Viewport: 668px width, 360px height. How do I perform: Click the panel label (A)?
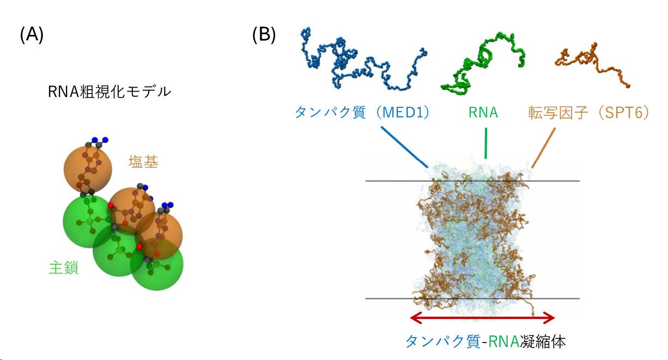point(32,35)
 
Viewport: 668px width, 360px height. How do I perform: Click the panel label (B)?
point(264,35)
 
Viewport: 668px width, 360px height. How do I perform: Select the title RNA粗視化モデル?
point(110,91)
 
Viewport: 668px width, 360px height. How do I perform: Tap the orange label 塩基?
point(143,162)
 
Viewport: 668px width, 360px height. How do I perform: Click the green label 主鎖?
point(64,268)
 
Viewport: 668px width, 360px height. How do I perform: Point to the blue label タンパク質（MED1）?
point(362,113)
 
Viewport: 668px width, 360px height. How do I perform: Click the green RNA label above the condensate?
point(483,113)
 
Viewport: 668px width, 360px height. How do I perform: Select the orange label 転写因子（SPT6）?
point(588,113)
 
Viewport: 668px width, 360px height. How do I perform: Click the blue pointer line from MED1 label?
point(404,146)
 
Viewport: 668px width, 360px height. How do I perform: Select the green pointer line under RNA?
point(485,143)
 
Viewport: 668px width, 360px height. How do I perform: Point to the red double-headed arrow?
point(482,318)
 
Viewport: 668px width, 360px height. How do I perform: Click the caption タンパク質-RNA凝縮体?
point(485,341)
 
